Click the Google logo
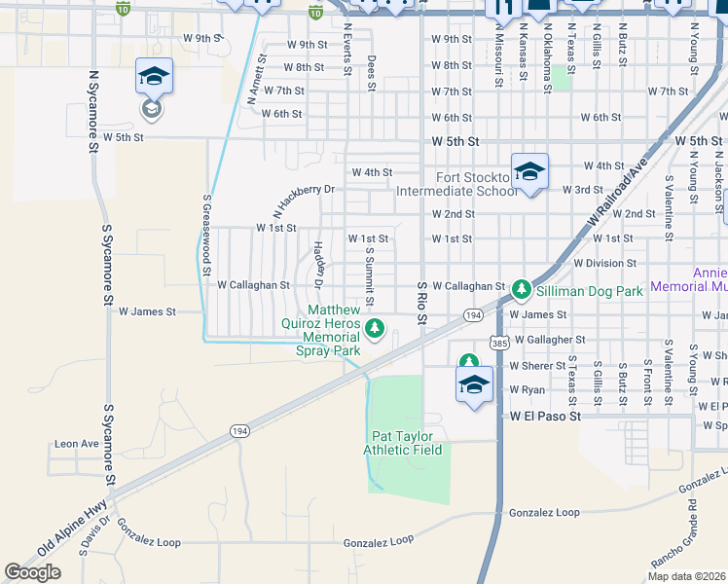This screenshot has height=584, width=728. click(32, 572)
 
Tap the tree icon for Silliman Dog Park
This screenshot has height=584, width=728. click(521, 288)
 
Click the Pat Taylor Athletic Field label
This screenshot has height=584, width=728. click(403, 443)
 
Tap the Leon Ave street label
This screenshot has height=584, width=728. click(77, 444)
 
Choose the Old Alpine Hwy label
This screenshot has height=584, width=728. click(73, 530)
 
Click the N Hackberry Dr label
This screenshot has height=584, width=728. click(304, 201)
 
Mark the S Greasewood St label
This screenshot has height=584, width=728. click(207, 237)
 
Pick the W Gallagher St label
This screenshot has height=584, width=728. click(550, 340)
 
